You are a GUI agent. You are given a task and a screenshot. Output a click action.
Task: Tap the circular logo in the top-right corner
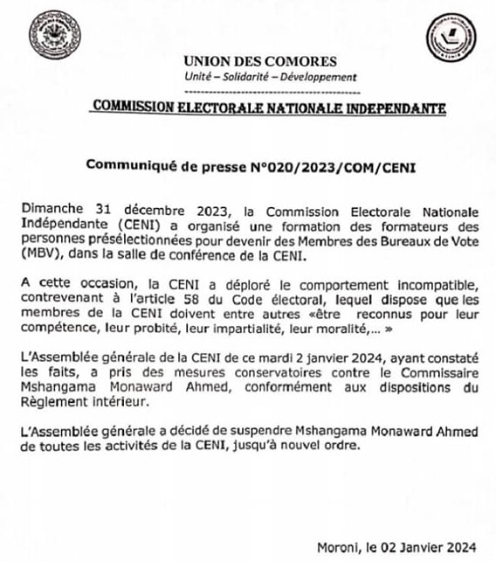pyautogui.click(x=451, y=39)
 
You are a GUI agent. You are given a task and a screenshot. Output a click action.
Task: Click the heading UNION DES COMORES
pyautogui.click(x=259, y=61)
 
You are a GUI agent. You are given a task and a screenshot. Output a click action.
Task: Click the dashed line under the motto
pyautogui.click(x=272, y=90)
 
